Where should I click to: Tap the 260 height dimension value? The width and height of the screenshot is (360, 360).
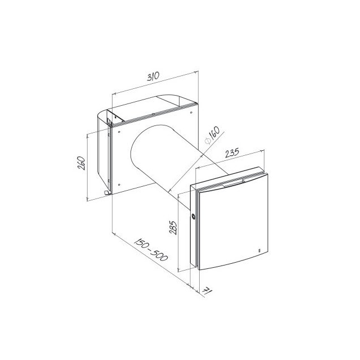[x=82, y=163]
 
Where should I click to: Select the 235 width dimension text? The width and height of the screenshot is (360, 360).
[x=232, y=152]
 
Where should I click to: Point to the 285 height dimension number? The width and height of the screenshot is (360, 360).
[x=173, y=227]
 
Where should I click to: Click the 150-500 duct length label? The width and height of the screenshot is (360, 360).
[x=151, y=250]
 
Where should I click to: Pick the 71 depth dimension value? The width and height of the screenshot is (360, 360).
[x=207, y=291]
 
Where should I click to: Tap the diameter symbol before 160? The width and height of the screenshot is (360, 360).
[x=208, y=141]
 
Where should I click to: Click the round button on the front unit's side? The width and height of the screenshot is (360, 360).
[x=193, y=216]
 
